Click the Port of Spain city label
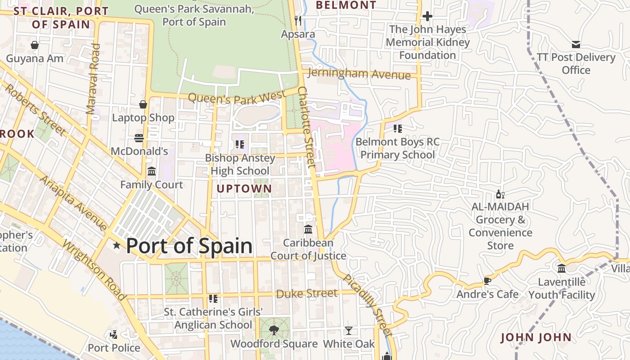[189, 246]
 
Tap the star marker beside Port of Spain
[117, 245]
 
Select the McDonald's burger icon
[139, 138]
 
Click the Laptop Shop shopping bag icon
[143, 104]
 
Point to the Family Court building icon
[152, 171]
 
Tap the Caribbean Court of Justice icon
[308, 229]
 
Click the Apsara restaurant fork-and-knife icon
[297, 20]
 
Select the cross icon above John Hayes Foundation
[427, 17]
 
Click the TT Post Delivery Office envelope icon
[576, 44]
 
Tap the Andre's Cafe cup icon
[487, 281]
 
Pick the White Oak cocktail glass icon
[348, 331]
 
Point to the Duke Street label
[306, 294]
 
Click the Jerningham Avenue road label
[360, 74]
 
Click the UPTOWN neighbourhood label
[244, 189]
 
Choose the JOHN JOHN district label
[535, 337]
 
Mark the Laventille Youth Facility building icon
[562, 269]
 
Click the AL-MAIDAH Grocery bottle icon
[500, 194]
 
